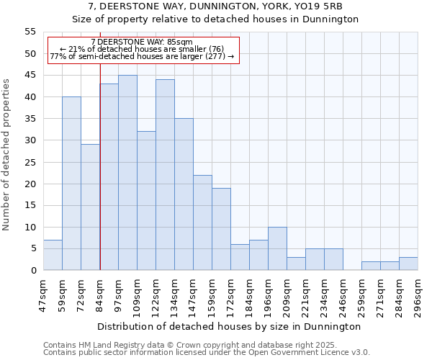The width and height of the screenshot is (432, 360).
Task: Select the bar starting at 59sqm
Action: (x=71, y=184)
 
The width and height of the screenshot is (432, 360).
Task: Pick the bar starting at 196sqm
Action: (x=277, y=248)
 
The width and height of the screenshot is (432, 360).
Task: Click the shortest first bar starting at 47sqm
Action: (x=53, y=255)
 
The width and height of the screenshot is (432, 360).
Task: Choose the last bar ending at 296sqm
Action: (x=408, y=264)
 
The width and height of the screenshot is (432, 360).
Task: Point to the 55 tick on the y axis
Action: (x=30, y=32)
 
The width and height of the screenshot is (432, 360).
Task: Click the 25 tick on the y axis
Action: (x=30, y=162)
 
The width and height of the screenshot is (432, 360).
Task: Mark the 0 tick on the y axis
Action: (x=32, y=270)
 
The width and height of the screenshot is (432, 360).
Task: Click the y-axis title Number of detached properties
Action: (x=7, y=155)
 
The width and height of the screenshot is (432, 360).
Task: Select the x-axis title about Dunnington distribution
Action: (x=229, y=326)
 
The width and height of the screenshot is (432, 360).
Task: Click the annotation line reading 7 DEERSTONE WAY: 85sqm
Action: (x=142, y=42)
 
